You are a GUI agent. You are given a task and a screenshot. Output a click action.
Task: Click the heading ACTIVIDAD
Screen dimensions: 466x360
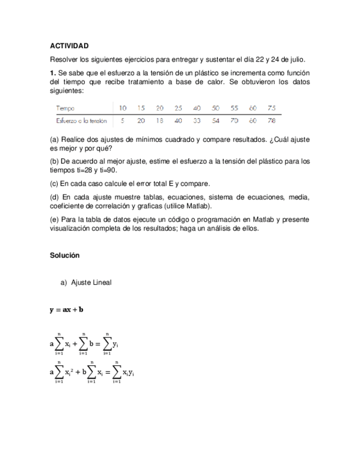[x=69, y=46]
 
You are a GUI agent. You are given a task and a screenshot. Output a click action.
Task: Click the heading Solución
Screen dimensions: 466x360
[x=65, y=256]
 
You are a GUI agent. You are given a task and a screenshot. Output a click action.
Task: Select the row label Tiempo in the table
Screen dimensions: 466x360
[x=65, y=108]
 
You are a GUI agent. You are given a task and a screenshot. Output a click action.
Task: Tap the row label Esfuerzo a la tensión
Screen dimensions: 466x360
[x=81, y=120]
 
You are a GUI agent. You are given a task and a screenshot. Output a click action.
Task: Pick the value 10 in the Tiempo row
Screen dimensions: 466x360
[x=123, y=108]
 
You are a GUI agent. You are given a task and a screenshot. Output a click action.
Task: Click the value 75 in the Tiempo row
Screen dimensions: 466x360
[x=272, y=108]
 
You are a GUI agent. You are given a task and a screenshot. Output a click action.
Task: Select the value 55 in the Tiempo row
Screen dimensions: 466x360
[x=235, y=108]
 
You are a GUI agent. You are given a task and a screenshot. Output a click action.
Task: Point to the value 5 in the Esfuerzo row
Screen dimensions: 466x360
[x=123, y=120]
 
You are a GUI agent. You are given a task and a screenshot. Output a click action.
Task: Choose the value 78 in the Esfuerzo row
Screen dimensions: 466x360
[x=272, y=120]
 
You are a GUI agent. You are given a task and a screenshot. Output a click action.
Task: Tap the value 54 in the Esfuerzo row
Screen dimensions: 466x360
[x=216, y=120]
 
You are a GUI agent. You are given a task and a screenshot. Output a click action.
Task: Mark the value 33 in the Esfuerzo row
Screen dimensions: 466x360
[x=197, y=120]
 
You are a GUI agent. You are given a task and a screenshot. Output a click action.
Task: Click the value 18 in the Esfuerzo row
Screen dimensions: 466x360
[x=159, y=120]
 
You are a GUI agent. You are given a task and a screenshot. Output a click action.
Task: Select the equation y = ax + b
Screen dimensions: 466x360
[x=67, y=309]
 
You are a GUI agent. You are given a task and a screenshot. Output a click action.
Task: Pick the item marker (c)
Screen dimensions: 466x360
[x=54, y=184]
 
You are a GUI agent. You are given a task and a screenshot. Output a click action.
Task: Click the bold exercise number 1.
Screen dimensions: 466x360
[x=53, y=73]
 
